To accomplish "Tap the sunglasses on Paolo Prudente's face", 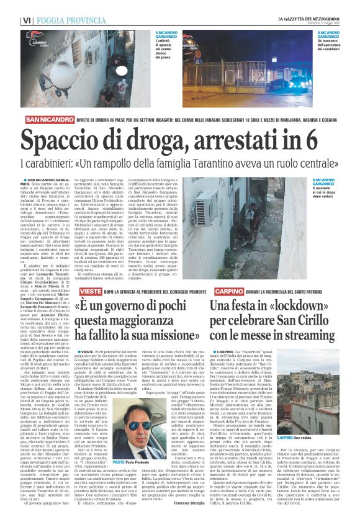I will [x=138, y=426].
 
